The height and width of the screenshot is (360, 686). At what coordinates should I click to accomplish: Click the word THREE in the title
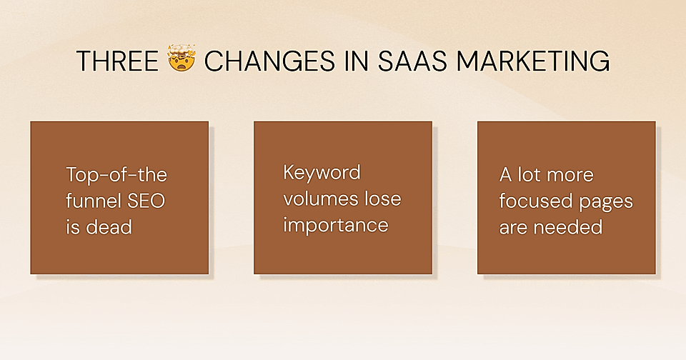(x=117, y=61)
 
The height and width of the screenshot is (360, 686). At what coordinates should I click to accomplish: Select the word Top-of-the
(x=116, y=175)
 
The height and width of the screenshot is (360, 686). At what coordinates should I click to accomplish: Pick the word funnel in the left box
(x=93, y=201)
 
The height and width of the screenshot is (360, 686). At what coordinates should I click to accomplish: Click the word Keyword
(x=322, y=172)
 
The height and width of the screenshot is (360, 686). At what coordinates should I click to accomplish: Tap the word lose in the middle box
(x=379, y=199)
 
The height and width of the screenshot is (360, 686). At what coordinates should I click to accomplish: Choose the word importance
(x=336, y=226)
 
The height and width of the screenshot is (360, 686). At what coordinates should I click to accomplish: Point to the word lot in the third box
(x=527, y=175)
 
